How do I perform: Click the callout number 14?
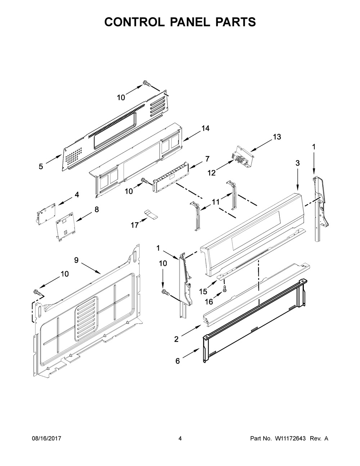tap(206, 129)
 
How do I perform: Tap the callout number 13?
tap(277, 137)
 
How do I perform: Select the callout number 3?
tap(297, 163)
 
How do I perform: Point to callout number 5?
tap(41, 166)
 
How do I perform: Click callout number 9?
tap(76, 260)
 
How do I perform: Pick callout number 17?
tap(135, 225)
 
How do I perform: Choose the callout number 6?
tap(177, 361)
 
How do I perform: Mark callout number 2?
tap(176, 339)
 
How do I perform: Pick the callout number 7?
tap(207, 158)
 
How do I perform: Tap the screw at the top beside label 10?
tap(147, 84)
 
